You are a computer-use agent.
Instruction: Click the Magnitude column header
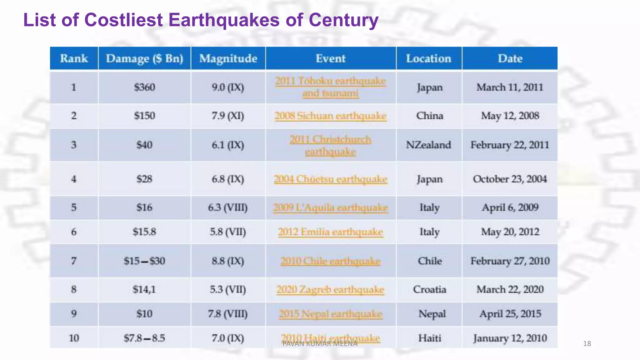[228, 58]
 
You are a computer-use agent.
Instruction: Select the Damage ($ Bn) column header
[144, 58]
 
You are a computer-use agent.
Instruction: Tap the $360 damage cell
[144, 87]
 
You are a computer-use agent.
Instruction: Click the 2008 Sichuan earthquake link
[330, 116]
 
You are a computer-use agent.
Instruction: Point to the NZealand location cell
[428, 145]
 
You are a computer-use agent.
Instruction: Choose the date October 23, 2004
[510, 179]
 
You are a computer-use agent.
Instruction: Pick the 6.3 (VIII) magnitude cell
[227, 207]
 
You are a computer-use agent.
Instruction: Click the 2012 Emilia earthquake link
[330, 232]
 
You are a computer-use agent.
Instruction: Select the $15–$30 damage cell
[144, 261]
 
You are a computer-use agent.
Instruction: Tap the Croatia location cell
[429, 289]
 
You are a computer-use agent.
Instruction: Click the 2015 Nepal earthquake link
[330, 314]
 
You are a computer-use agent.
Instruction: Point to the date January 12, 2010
[510, 338]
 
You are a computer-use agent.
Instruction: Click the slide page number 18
[587, 344]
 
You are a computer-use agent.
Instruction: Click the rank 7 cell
[74, 261]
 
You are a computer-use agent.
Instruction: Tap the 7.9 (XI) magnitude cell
[227, 116]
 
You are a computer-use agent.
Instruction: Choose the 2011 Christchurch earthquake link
[330, 145]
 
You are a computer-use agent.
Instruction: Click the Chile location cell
[430, 261]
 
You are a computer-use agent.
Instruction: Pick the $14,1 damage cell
[144, 289]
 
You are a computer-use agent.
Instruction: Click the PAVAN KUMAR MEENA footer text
[319, 344]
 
